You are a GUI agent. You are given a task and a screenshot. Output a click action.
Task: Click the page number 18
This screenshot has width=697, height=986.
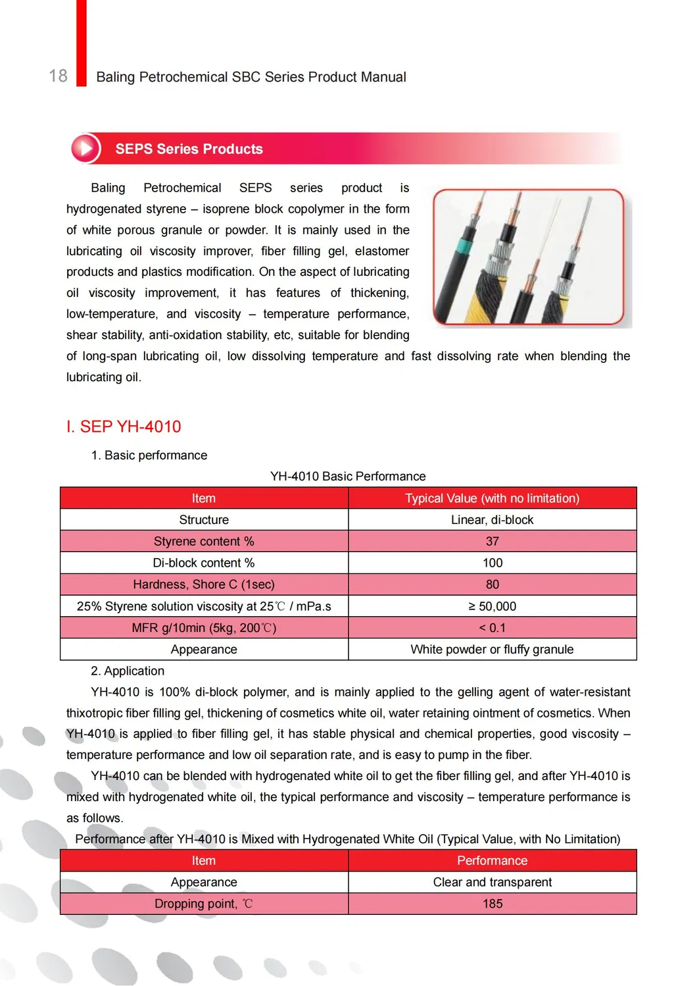click(59, 76)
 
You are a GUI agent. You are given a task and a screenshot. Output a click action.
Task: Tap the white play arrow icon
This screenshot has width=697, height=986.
click(85, 148)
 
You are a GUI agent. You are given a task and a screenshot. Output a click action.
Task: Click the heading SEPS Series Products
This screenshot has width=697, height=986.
click(189, 149)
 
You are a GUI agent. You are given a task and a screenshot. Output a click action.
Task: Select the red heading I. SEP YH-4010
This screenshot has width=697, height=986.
click(124, 427)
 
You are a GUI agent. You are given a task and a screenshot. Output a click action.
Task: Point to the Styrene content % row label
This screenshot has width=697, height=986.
click(204, 541)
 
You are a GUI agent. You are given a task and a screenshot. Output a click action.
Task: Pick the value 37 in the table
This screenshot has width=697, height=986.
click(493, 541)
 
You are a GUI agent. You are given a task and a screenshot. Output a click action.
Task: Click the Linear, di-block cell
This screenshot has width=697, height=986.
click(492, 520)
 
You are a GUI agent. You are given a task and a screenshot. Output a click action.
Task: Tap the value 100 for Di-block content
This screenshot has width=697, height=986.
click(493, 563)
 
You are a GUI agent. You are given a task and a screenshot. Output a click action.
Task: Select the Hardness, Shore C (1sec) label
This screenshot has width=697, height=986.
click(204, 584)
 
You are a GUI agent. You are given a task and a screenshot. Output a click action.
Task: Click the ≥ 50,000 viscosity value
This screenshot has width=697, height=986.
click(493, 606)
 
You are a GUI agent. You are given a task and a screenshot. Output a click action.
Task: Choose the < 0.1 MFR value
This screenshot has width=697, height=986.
click(493, 628)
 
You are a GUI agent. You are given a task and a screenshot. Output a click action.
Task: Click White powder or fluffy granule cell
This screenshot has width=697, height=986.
click(492, 650)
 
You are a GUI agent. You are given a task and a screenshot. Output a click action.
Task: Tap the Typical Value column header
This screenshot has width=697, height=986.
click(492, 498)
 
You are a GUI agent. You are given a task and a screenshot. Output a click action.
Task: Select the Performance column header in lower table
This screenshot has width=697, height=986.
click(492, 861)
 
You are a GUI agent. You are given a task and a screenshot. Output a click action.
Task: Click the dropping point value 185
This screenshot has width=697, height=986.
click(493, 904)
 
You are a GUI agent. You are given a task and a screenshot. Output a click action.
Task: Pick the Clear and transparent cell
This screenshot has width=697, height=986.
click(492, 882)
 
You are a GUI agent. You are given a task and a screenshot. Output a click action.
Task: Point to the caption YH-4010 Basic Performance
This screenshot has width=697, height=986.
click(348, 477)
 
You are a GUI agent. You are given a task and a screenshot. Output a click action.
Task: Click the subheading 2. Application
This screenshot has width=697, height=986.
click(128, 671)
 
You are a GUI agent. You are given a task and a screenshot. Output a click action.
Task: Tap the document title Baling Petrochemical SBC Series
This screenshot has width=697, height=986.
click(251, 77)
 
